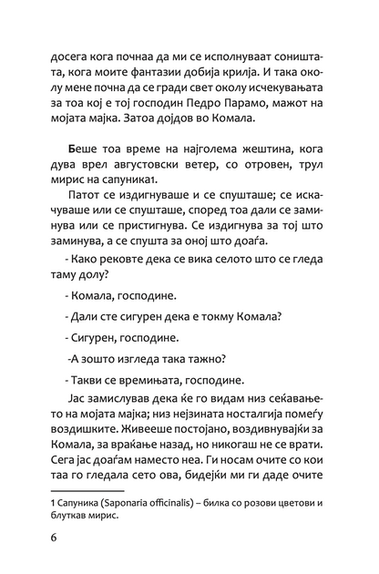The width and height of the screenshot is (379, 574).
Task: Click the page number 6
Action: click(x=56, y=561)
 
